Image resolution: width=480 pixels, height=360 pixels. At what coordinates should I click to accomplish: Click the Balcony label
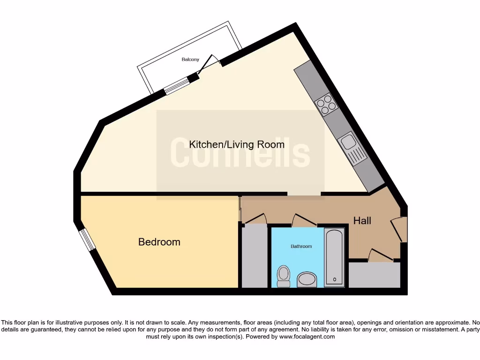coord(190,60)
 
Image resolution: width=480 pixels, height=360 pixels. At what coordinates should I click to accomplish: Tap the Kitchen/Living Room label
coord(236,144)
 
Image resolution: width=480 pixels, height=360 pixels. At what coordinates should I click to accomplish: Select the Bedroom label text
coord(159,242)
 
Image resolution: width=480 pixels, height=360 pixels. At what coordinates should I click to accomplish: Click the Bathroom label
coord(301,246)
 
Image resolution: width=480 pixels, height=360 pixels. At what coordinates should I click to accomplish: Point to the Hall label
coord(362,220)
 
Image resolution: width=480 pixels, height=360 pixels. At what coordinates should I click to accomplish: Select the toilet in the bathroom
coord(284,276)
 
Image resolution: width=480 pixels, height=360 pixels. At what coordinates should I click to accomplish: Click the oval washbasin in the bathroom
coord(307,280)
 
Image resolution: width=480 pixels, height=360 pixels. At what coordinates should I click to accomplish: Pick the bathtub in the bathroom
coord(335,257)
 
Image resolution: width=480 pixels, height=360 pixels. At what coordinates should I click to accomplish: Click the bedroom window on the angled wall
coord(85,240)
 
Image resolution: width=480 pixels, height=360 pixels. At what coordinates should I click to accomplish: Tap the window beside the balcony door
coord(177,85)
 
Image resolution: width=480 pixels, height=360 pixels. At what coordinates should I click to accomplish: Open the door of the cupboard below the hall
coord(381,255)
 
